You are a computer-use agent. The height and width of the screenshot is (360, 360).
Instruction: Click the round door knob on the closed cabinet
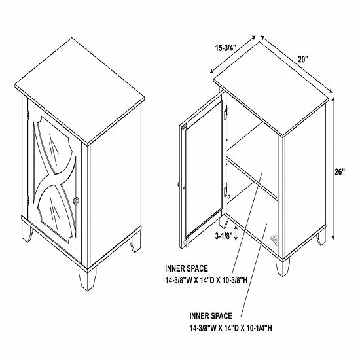pos(76,200)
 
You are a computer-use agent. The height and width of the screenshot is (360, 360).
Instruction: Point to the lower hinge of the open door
pos(225,190)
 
